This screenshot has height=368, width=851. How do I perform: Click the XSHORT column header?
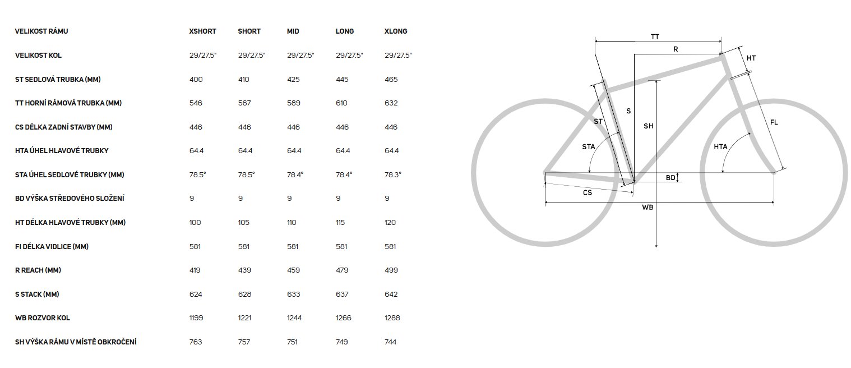point(202,31)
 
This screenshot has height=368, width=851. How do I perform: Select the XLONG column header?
point(395,31)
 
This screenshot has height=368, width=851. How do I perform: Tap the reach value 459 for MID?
point(293,270)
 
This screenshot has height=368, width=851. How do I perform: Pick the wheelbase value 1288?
point(392,318)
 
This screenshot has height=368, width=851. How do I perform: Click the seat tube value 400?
point(196,80)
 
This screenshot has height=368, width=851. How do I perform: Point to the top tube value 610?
point(341,103)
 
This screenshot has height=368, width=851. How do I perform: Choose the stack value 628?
point(244,295)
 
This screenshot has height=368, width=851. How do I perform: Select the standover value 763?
point(196,342)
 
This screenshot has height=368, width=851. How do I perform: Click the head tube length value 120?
point(390,222)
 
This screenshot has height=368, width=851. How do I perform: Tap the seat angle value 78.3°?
point(393,175)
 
